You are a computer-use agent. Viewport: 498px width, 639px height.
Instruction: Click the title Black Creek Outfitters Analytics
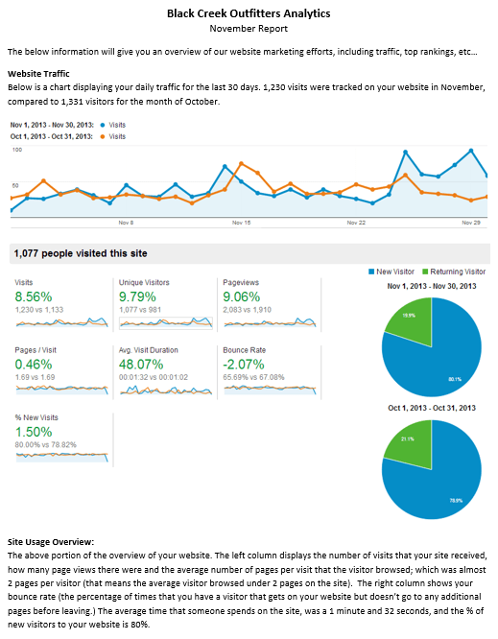click(249, 13)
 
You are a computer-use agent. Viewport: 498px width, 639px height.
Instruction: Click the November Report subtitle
click(249, 29)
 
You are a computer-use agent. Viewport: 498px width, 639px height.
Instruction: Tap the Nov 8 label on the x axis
click(126, 222)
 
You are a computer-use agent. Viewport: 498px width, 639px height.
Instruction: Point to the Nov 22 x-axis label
click(356, 222)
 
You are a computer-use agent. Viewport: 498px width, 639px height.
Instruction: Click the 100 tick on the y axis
click(16, 151)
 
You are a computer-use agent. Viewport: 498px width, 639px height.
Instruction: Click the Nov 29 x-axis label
click(470, 222)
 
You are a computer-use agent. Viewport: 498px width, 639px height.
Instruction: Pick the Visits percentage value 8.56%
click(34, 296)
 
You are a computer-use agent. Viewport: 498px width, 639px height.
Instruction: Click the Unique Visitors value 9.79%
click(137, 296)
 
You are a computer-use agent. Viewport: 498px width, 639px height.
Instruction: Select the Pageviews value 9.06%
click(241, 296)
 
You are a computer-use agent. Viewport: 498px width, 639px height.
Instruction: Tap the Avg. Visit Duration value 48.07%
click(141, 365)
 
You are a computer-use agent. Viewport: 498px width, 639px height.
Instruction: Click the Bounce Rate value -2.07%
click(244, 365)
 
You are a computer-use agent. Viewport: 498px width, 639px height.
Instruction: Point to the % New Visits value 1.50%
click(34, 433)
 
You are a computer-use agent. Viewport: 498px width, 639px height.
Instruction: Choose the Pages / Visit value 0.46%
click(34, 365)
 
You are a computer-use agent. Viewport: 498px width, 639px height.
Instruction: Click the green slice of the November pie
click(404, 316)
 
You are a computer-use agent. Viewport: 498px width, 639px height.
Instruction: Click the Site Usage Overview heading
click(50, 543)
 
